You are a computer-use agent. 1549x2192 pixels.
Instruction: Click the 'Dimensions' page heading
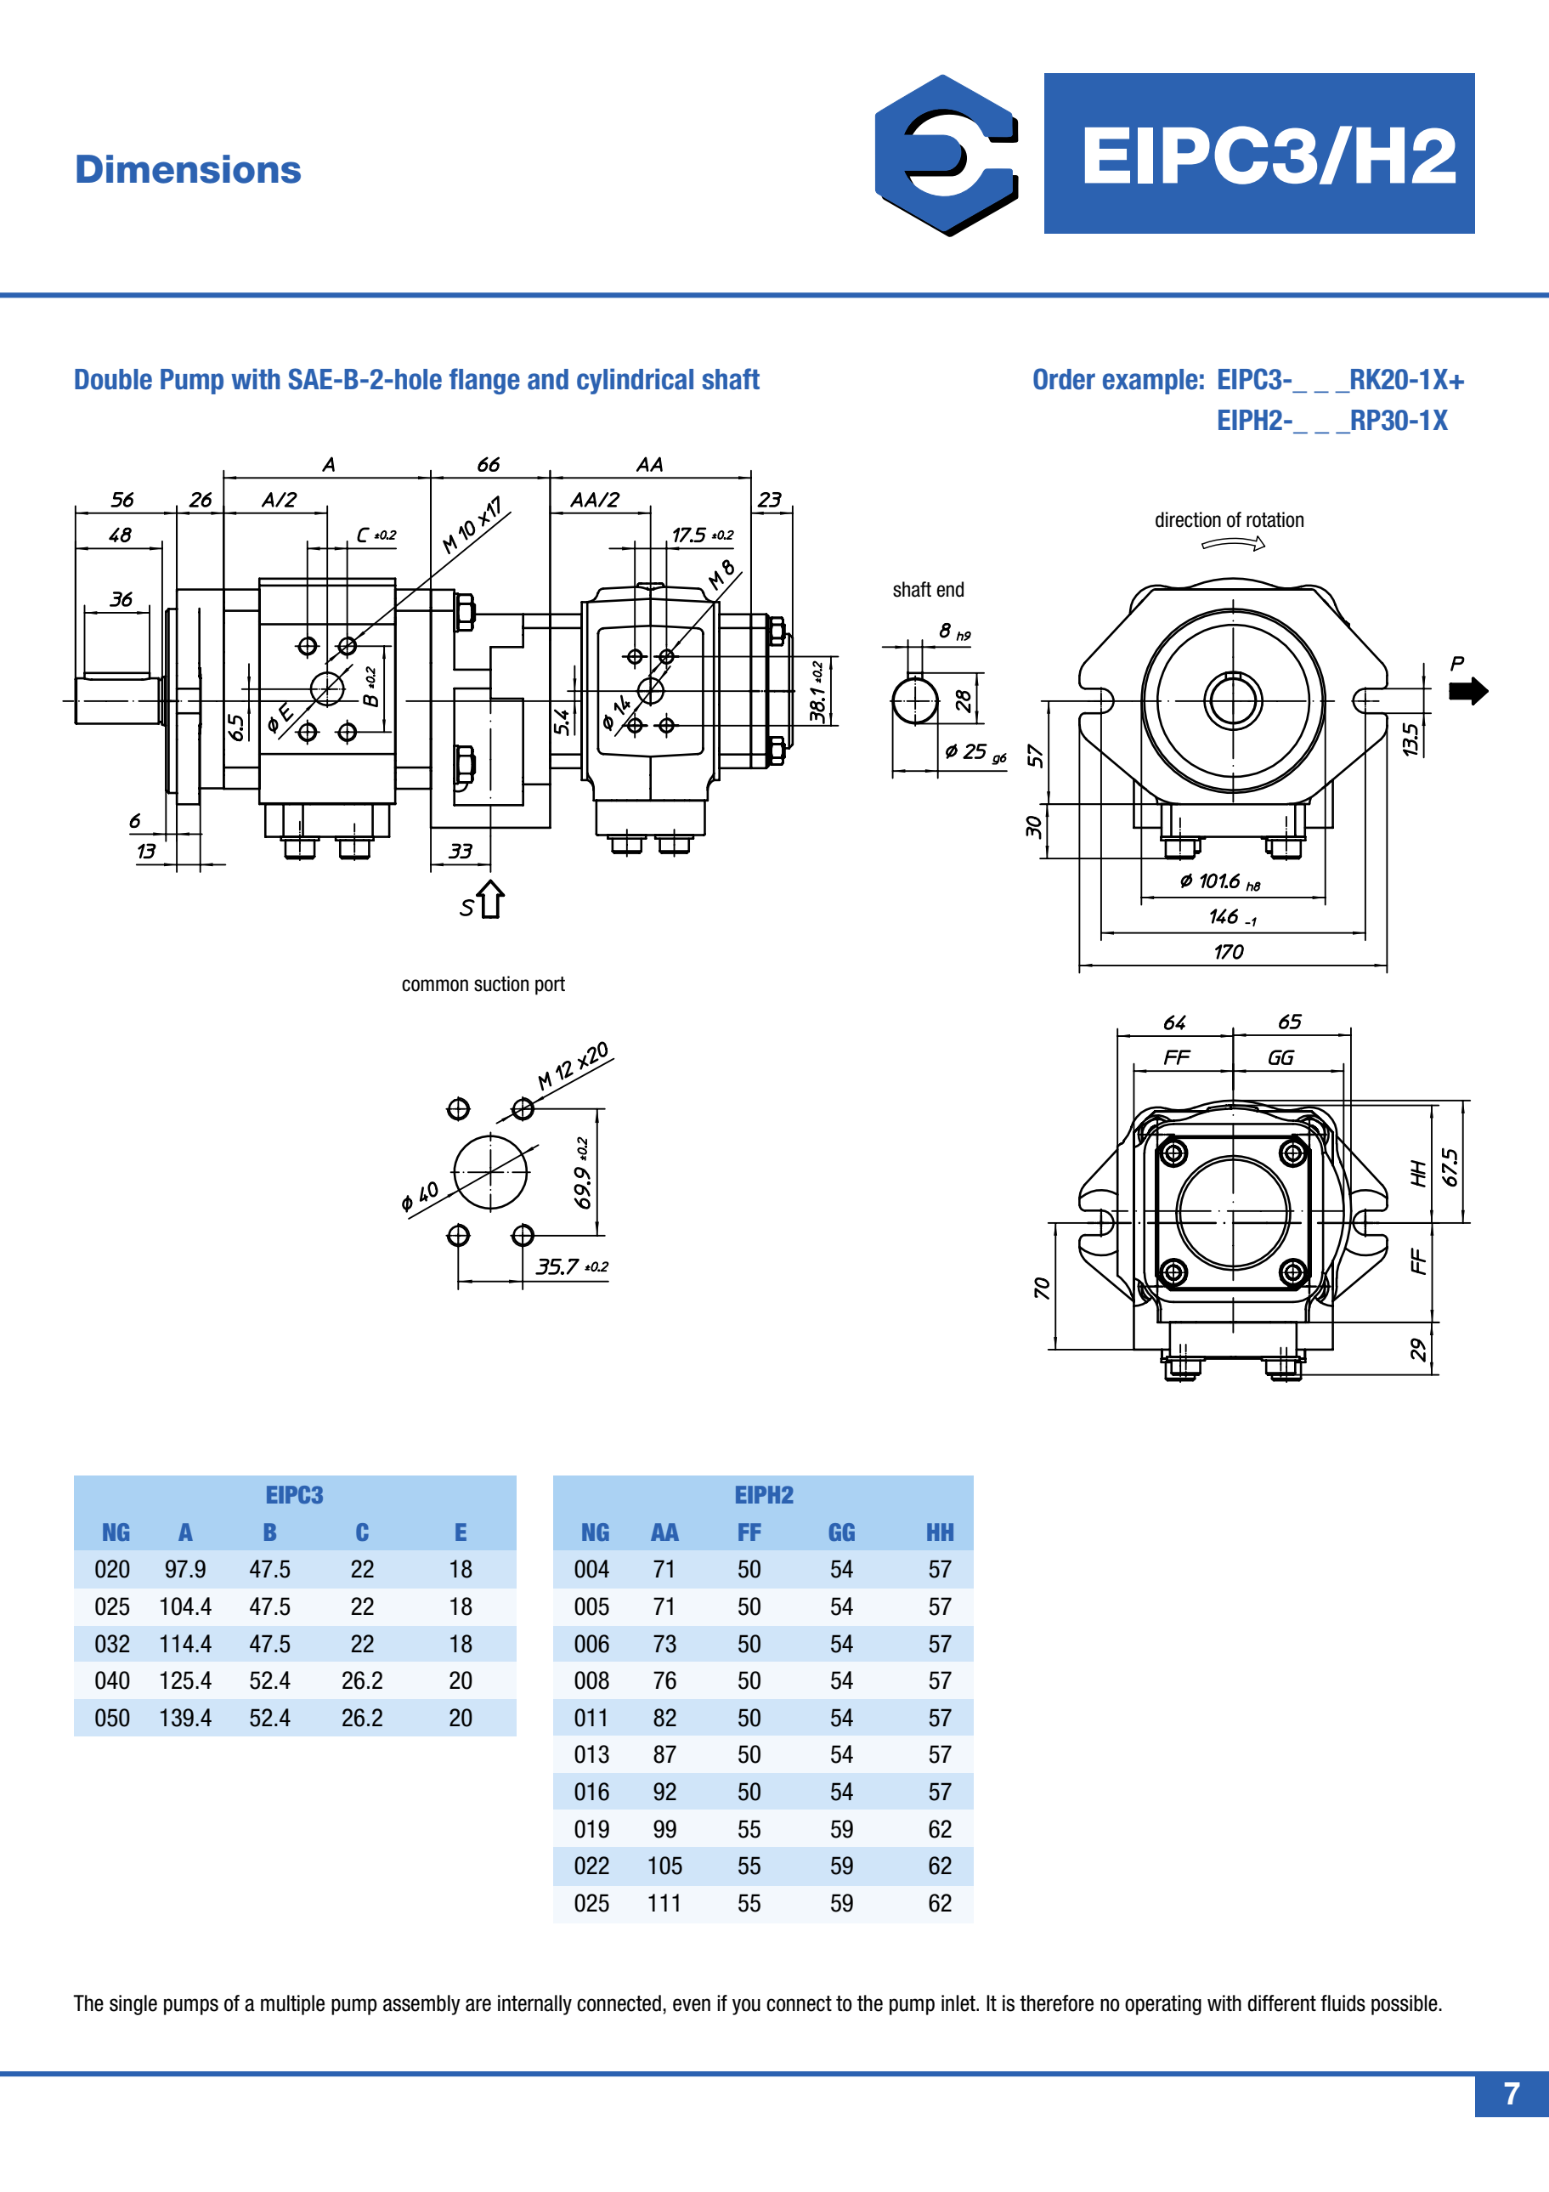point(188,170)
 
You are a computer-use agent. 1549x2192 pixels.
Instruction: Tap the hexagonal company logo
point(947,155)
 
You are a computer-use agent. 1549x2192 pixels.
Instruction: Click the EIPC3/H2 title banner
point(1259,154)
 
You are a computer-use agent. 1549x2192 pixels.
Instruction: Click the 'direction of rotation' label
point(1229,520)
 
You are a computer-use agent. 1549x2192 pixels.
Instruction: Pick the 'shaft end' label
point(928,590)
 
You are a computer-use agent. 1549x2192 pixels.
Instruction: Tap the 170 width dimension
point(1229,952)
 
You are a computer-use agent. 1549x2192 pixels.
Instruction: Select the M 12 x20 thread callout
point(573,1066)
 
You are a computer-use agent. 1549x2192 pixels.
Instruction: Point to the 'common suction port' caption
point(483,984)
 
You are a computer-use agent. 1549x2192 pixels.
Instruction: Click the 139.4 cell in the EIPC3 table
point(185,1718)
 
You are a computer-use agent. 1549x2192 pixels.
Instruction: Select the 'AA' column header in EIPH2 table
point(664,1533)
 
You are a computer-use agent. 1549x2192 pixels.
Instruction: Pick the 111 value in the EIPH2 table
point(664,1903)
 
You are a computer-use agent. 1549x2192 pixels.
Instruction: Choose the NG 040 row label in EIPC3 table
point(111,1680)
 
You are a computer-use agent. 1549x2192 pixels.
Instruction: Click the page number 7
point(1511,2093)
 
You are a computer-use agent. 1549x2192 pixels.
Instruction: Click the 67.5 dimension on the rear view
point(1450,1167)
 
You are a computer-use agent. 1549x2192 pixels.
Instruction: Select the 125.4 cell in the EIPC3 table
point(185,1680)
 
